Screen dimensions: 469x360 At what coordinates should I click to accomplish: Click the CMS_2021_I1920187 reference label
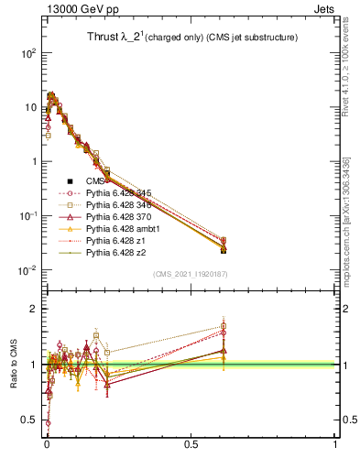[x=190, y=274]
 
